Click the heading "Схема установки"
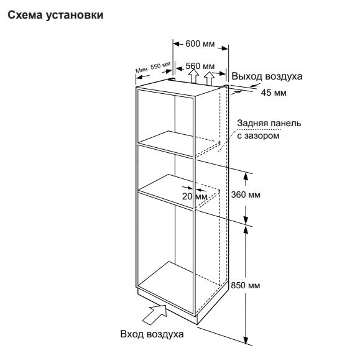(55, 16)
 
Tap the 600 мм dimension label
(200, 43)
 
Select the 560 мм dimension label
(200, 66)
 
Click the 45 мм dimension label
(274, 93)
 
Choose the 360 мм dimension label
(246, 194)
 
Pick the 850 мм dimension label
(246, 285)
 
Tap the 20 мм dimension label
(195, 196)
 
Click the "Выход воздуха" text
(267, 76)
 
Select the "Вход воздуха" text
(152, 334)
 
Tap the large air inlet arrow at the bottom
(155, 314)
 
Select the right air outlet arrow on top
(209, 78)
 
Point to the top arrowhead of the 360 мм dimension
(246, 176)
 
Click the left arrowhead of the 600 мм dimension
(177, 43)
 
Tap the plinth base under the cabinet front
(167, 303)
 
